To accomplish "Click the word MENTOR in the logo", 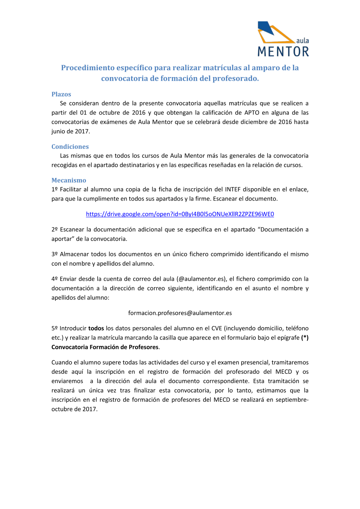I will click(283, 51).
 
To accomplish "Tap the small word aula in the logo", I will click(302, 41).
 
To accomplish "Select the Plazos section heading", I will click(61, 94).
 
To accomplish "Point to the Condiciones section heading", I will click(70, 147).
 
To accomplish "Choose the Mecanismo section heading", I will click(69, 180).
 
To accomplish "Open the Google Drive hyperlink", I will click(180, 214).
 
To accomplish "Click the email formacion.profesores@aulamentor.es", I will click(180, 313).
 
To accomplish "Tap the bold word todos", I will click(96, 328).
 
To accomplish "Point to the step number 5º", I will click(54, 328).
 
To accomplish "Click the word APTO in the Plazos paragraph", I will click(252, 113).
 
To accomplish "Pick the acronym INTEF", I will click(233, 189).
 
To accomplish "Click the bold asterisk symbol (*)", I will click(305, 338).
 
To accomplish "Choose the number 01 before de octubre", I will click(83, 113).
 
